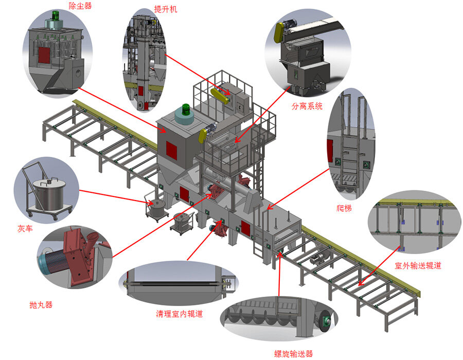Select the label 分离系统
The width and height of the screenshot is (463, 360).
(307, 106)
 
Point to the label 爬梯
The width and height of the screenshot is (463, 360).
(344, 208)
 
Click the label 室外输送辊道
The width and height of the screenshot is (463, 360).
(418, 266)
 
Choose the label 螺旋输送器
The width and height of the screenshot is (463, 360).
(293, 353)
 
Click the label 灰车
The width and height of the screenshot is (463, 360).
(25, 228)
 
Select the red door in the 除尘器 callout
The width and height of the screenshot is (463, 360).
(43, 56)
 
